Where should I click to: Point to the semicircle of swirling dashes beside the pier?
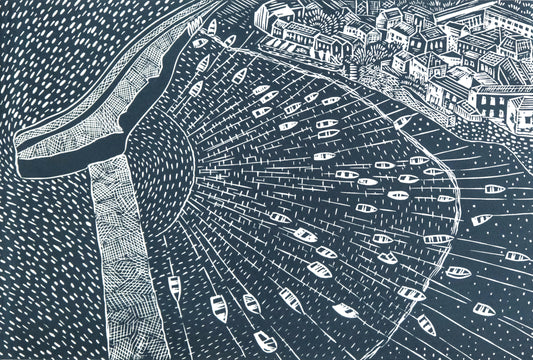pyautogui.click(x=165, y=165)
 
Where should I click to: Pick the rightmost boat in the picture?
pyautogui.click(x=516, y=256)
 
